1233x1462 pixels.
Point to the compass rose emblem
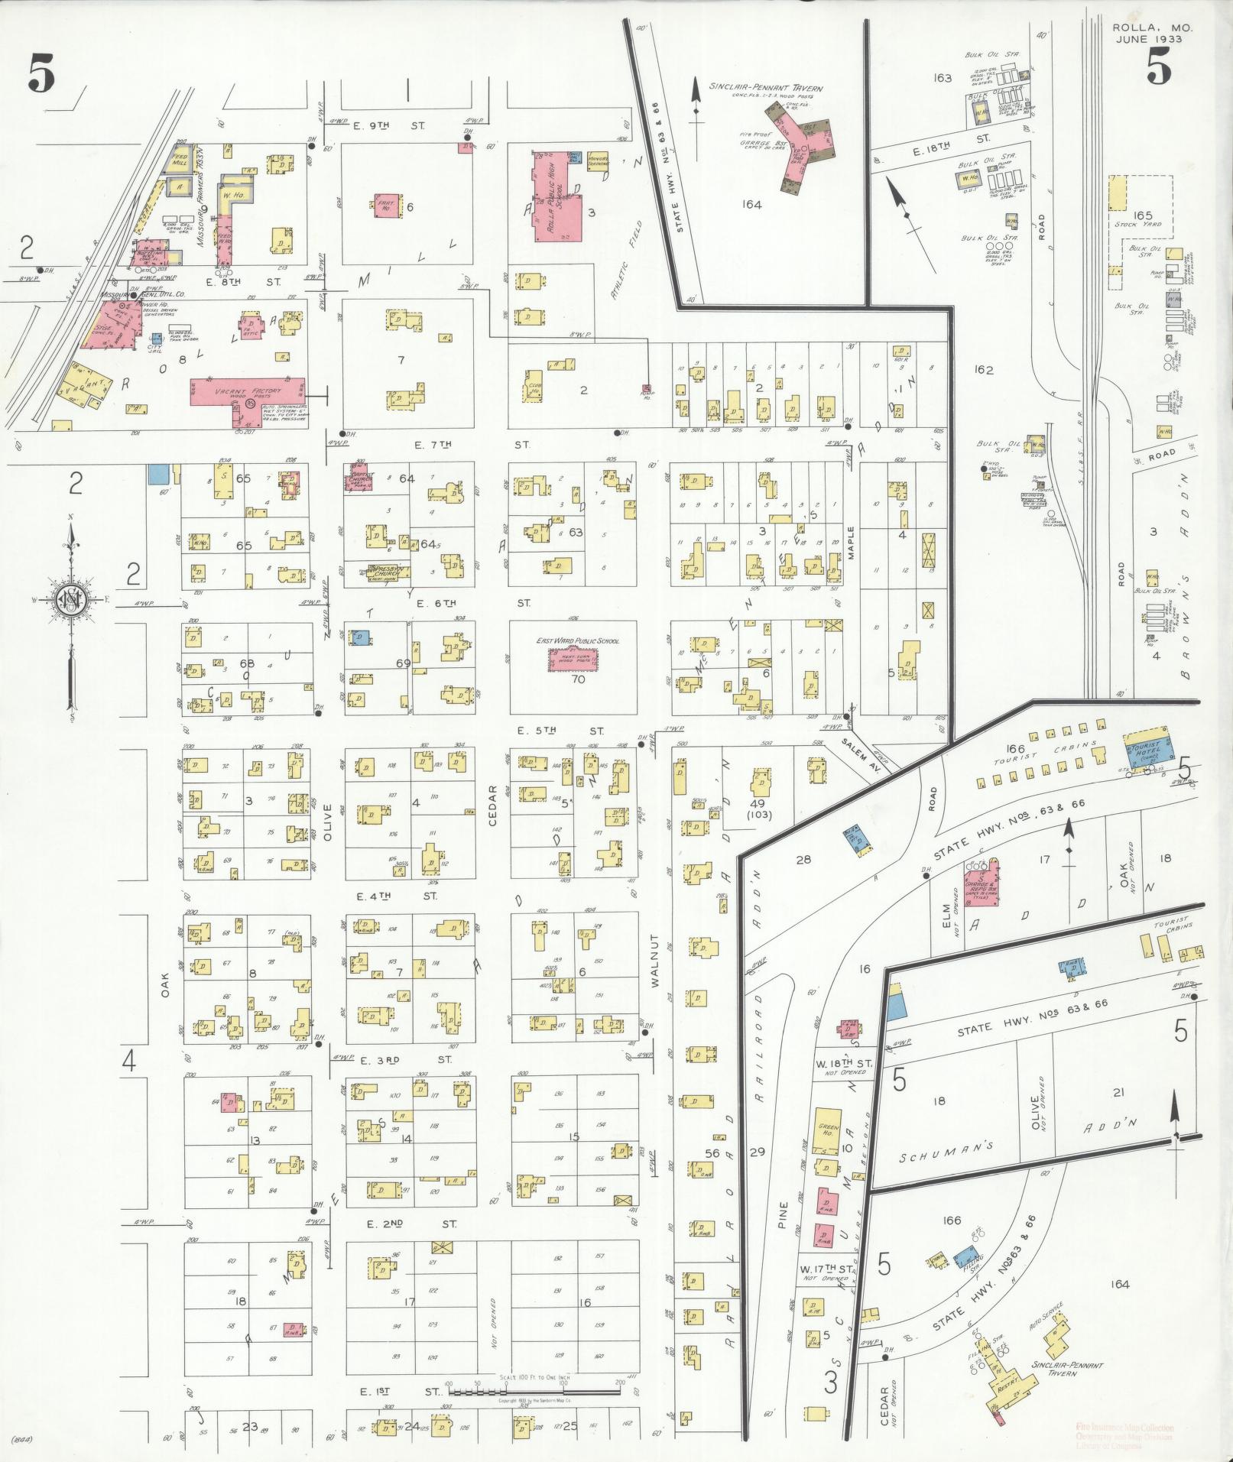[71, 598]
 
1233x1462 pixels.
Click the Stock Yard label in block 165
[1137, 224]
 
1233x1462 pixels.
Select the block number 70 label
[577, 678]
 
